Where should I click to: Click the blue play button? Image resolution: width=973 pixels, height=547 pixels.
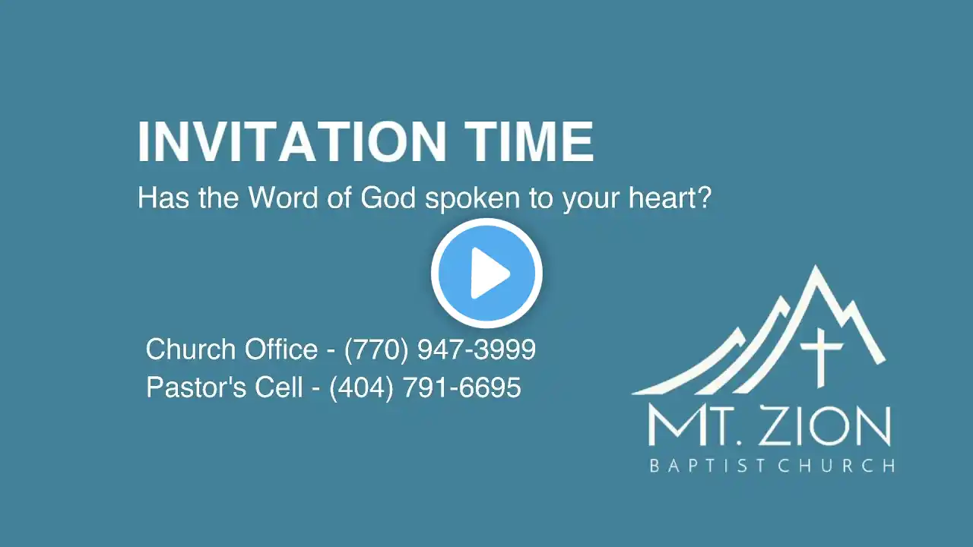click(x=486, y=273)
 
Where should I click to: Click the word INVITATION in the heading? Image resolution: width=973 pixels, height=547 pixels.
click(x=292, y=141)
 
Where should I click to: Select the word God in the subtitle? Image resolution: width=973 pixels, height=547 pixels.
click(x=388, y=198)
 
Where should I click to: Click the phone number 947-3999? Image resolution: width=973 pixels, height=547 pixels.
click(x=477, y=349)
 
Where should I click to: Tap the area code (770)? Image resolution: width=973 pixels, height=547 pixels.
click(x=376, y=349)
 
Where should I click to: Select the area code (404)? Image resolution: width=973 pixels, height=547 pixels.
click(x=361, y=387)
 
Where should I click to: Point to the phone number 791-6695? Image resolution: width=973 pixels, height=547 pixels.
click(x=461, y=387)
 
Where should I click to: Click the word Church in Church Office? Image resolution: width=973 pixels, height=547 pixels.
click(x=192, y=349)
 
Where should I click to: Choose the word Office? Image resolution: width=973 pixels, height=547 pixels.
click(x=281, y=349)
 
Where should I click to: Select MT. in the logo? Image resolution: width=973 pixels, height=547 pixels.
click(x=696, y=426)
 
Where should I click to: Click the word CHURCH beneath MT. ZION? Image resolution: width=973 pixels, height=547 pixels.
click(x=836, y=466)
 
